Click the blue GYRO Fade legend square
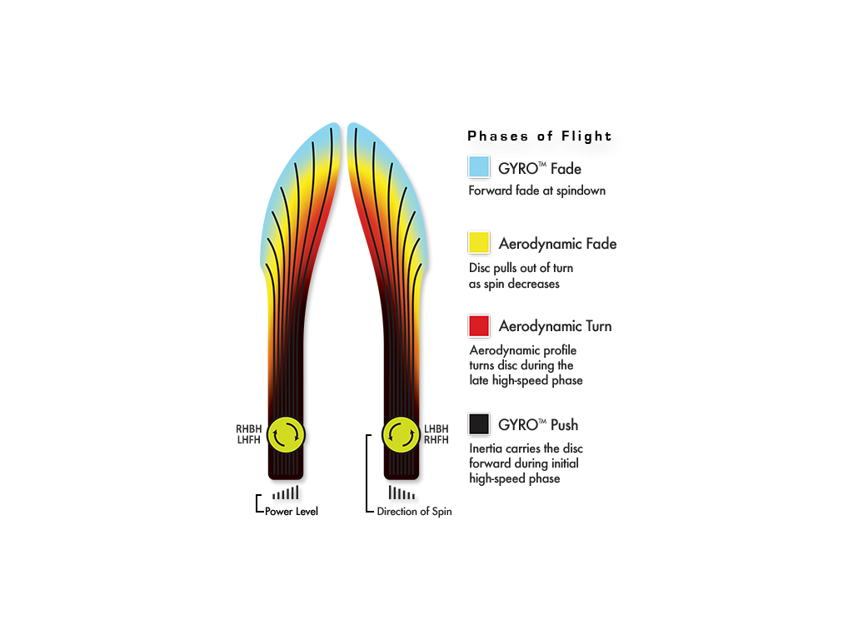(479, 166)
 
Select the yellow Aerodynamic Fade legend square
(479, 242)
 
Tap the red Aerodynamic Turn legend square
(479, 326)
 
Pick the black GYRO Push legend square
(479, 424)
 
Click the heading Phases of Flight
(540, 136)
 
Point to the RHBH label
(248, 428)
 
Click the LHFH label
(248, 439)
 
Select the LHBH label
(436, 428)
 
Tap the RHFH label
(436, 439)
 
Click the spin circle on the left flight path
(287, 434)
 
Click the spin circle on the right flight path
(401, 434)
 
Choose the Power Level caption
(291, 512)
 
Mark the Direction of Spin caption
(414, 512)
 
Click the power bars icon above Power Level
(286, 493)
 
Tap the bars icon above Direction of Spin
(402, 493)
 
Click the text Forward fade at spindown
(537, 191)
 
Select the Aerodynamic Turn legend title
(555, 326)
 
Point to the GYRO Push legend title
(538, 425)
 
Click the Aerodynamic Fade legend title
(557, 244)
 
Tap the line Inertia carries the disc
(526, 448)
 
